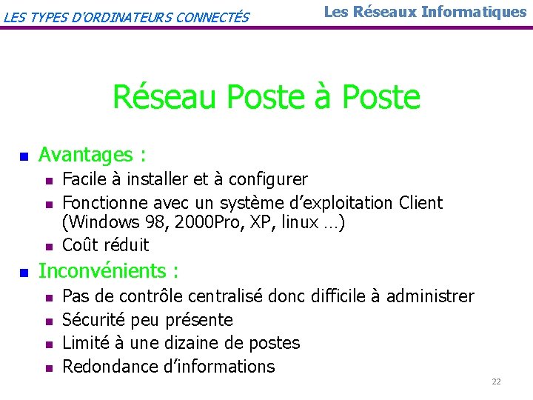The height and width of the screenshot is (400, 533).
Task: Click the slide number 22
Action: (496, 381)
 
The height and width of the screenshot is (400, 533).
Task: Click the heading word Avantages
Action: (85, 155)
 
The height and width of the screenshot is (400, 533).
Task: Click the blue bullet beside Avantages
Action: (23, 156)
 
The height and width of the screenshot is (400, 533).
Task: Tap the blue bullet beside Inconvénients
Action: (23, 273)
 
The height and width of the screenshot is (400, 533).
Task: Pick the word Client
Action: (420, 202)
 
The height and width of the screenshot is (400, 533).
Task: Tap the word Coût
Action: (81, 244)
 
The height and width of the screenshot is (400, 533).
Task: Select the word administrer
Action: (430, 296)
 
